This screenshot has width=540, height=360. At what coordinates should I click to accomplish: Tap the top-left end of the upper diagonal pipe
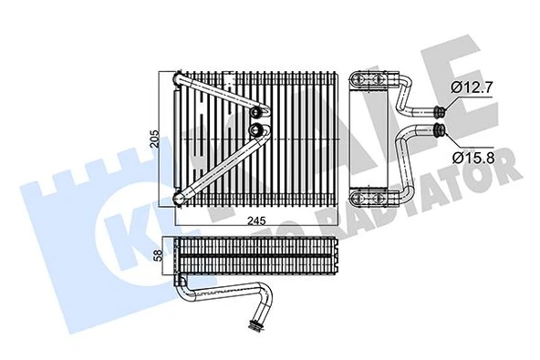[x=180, y=80]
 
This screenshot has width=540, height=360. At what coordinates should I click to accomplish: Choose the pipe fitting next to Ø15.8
[x=442, y=130]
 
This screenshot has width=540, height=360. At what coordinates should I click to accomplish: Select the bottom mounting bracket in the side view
[x=375, y=193]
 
